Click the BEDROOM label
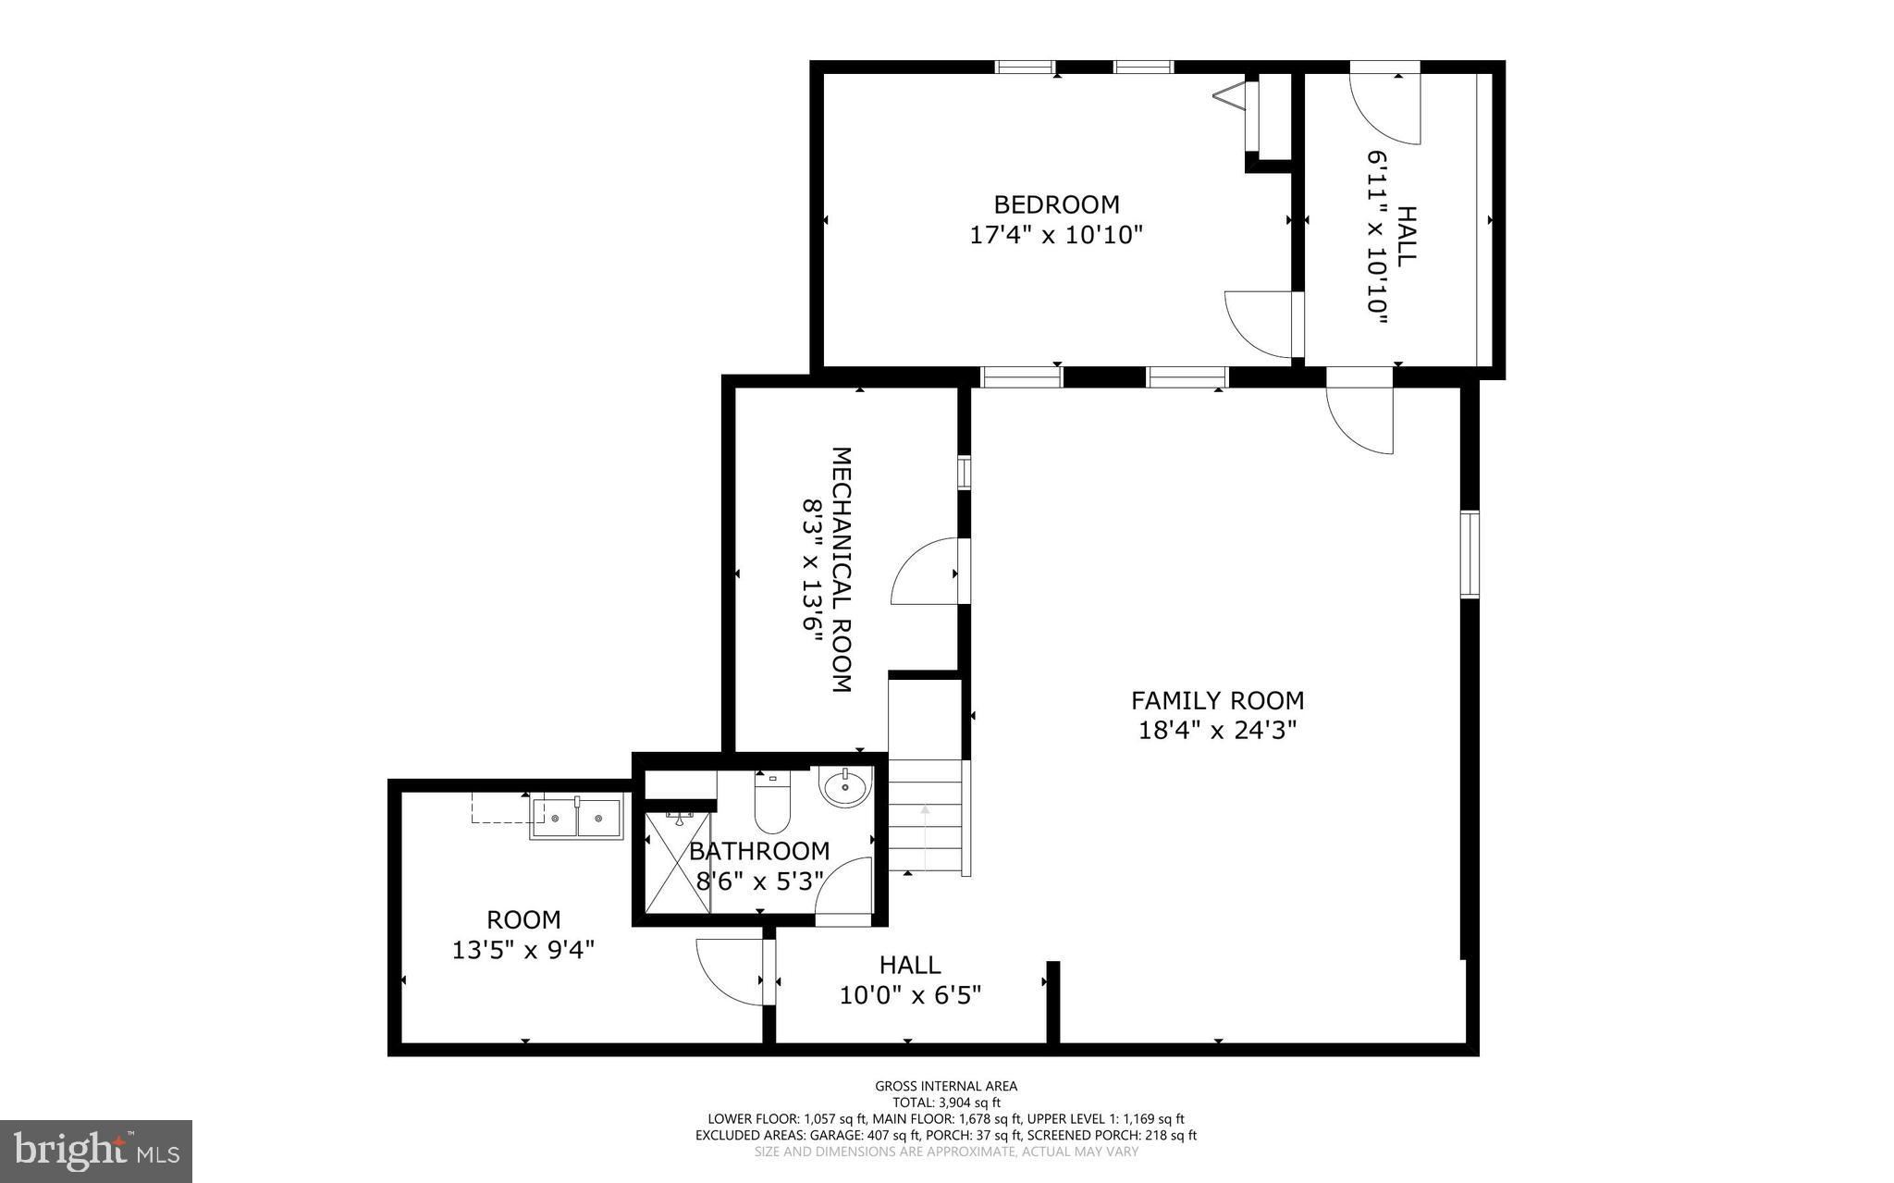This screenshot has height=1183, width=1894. [x=1056, y=204]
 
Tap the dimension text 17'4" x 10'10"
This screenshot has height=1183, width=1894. [x=1056, y=235]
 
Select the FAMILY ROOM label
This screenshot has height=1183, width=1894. [x=1217, y=700]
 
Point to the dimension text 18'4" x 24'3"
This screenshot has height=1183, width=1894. [x=1217, y=731]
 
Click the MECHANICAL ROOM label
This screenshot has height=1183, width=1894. [x=841, y=570]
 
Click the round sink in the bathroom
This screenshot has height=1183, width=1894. [x=843, y=789]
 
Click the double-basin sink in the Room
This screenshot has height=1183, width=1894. [x=577, y=819]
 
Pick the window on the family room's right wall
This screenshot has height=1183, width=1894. [x=1469, y=554]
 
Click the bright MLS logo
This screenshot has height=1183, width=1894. [x=96, y=1151]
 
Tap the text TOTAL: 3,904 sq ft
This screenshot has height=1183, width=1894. [x=946, y=1103]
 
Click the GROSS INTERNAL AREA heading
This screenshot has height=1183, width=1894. [x=946, y=1086]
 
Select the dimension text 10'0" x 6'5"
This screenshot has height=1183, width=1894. [x=910, y=995]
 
